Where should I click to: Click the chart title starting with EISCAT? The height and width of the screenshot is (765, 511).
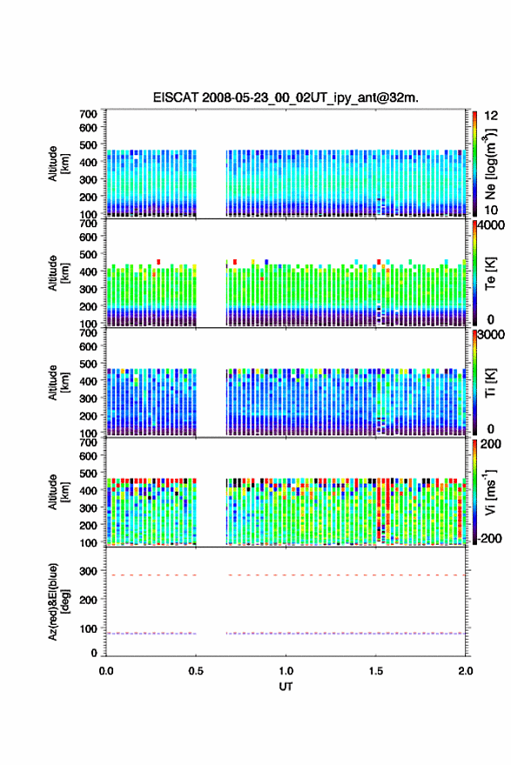pyautogui.click(x=286, y=97)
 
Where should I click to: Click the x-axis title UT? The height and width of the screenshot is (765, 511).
pyautogui.click(x=286, y=687)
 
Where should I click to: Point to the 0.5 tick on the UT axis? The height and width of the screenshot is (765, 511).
pyautogui.click(x=196, y=671)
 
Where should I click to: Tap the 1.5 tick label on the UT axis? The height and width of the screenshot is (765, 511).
pyautogui.click(x=376, y=671)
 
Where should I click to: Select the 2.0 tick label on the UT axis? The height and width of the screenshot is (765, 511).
pyautogui.click(x=465, y=671)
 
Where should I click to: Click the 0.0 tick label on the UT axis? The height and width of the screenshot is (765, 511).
pyautogui.click(x=106, y=671)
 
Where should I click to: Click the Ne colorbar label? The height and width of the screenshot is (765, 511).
pyautogui.click(x=490, y=164)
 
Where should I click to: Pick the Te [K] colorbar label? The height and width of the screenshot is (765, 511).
pyautogui.click(x=490, y=273)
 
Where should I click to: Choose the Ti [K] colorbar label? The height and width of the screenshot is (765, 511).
pyautogui.click(x=490, y=383)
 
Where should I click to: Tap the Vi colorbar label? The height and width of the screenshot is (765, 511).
pyautogui.click(x=490, y=492)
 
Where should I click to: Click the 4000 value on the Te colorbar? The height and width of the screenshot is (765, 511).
pyautogui.click(x=491, y=225)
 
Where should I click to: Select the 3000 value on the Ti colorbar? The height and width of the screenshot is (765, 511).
pyautogui.click(x=491, y=334)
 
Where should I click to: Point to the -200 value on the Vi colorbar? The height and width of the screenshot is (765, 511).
pyautogui.click(x=489, y=538)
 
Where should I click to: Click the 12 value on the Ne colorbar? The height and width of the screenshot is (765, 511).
pyautogui.click(x=491, y=116)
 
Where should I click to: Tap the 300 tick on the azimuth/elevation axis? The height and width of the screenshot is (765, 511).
pyautogui.click(x=88, y=571)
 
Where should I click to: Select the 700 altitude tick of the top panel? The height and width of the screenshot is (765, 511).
pyautogui.click(x=88, y=114)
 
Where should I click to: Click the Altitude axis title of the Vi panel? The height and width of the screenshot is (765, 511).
pyautogui.click(x=58, y=492)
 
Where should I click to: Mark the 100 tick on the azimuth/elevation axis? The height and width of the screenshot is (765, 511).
pyautogui.click(x=88, y=629)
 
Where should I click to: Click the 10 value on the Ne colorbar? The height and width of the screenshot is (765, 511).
pyautogui.click(x=491, y=211)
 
